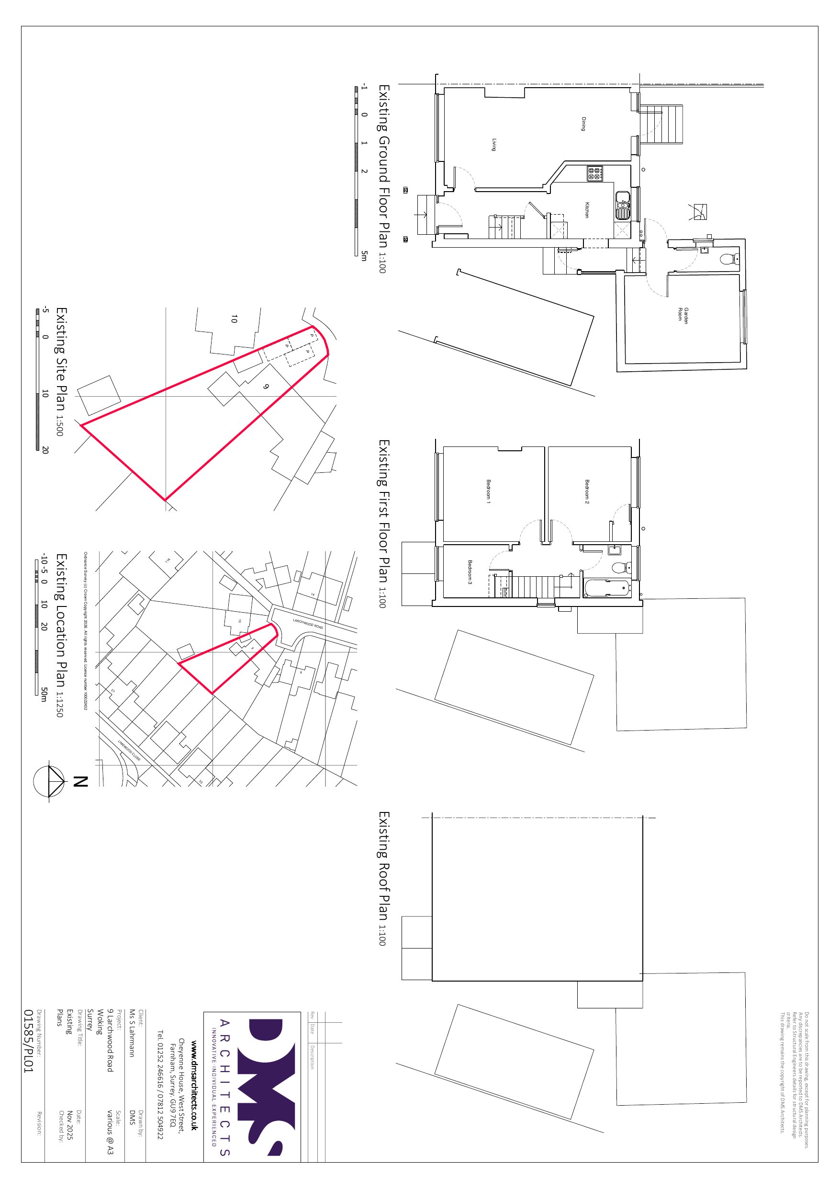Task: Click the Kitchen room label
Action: point(587,210)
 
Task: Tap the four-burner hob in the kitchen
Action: point(594,173)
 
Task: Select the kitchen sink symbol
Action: point(622,205)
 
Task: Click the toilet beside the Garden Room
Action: point(730,258)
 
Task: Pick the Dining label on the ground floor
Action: point(583,124)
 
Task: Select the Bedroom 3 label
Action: point(470,572)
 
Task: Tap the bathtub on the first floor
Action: point(606,588)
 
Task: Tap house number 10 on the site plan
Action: point(234,319)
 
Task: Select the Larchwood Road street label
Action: point(308,624)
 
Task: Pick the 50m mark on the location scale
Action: point(45,695)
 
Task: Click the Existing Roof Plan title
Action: point(383,878)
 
